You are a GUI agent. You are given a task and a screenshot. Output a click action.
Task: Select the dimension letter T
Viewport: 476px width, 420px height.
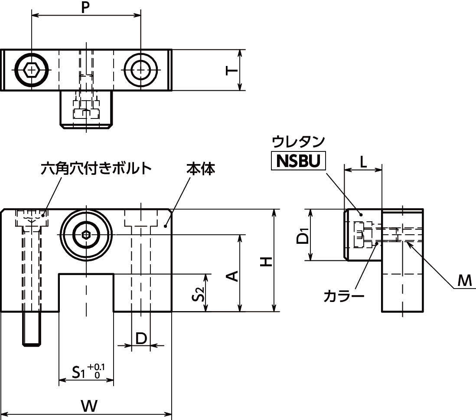pos(232,70)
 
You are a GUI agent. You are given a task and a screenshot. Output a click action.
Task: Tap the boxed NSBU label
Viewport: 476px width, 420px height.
pos(298,161)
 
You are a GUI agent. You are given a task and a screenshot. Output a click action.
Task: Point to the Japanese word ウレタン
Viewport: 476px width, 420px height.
pos(298,141)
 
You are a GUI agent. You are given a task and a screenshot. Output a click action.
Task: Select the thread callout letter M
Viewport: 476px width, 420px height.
pos(464,281)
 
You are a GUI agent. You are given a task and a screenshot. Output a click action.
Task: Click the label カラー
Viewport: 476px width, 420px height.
pos(344,296)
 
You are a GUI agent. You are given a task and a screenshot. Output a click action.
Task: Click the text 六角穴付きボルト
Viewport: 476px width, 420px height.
pos(96,168)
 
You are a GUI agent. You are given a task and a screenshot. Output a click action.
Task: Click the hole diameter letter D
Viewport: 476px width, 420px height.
pos(141,338)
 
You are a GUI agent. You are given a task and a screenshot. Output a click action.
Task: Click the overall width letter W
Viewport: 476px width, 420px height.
pos(88,407)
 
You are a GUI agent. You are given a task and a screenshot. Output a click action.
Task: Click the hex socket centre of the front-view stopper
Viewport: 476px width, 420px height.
pos(86,236)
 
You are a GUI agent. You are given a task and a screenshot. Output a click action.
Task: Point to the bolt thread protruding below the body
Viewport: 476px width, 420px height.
pos(32,329)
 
